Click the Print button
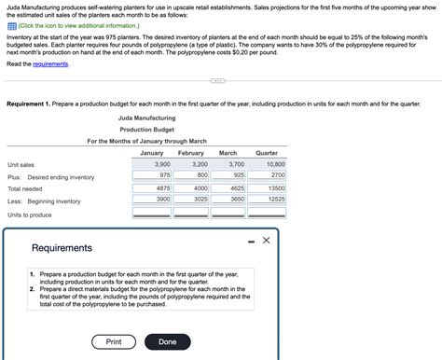(x=114, y=341)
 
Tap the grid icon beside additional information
(x=11, y=26)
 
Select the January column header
(x=151, y=152)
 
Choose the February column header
(x=190, y=152)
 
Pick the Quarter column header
(x=267, y=152)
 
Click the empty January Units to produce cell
(x=152, y=214)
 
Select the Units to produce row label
(x=30, y=215)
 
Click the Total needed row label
(x=26, y=188)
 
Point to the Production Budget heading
(x=147, y=130)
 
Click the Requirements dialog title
(x=62, y=248)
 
